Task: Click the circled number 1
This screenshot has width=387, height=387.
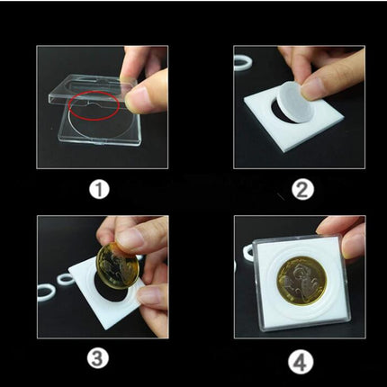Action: coord(98,189)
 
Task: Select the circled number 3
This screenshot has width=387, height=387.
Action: coord(98,358)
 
